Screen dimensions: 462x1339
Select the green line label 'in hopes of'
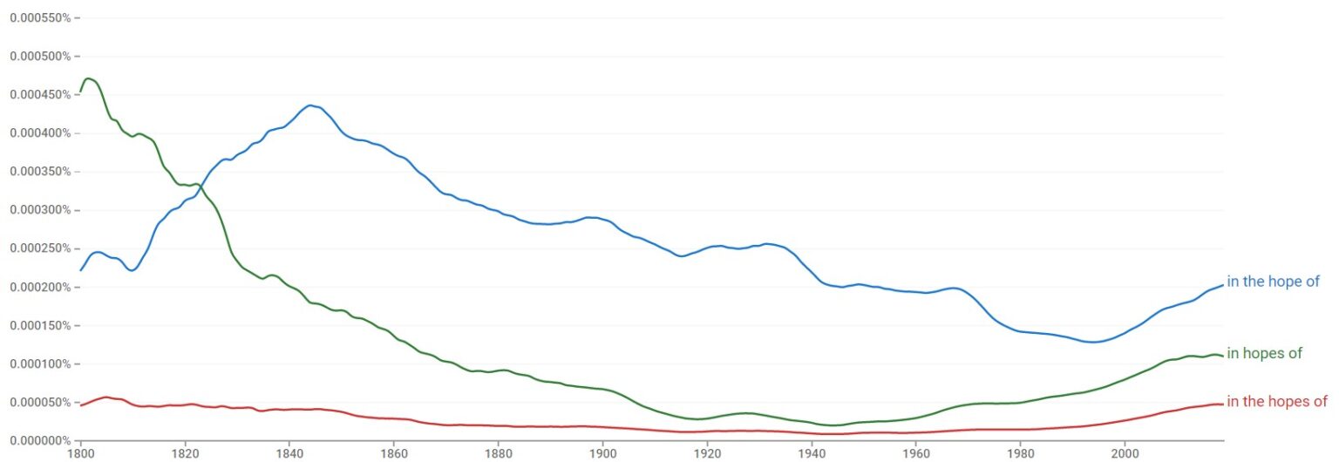point(1264,353)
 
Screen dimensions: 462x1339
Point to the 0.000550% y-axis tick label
point(38,17)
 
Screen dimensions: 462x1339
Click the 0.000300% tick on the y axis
point(38,210)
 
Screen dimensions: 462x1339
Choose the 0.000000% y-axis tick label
point(38,441)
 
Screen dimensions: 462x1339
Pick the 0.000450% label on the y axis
point(38,95)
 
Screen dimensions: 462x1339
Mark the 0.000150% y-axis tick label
point(38,326)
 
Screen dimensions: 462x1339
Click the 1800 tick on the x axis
point(81,454)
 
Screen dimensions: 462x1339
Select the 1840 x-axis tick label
point(289,454)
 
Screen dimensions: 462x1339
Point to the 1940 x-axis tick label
point(812,454)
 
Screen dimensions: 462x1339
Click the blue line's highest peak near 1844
point(310,105)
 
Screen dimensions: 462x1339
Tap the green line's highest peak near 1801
point(87,78)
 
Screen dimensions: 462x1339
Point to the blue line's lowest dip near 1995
point(1094,342)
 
